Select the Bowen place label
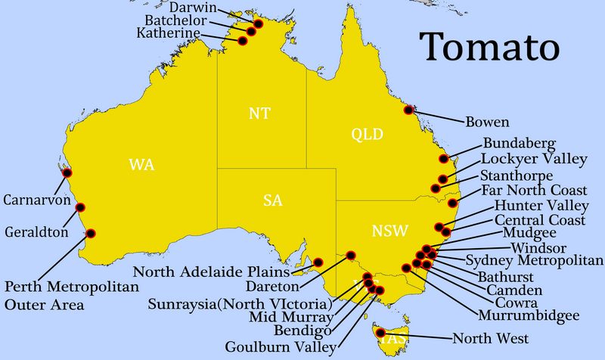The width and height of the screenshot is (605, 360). [487, 121]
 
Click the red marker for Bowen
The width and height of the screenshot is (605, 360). [409, 110]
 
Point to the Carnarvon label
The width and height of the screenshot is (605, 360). [37, 201]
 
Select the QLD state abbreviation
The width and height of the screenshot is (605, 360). [368, 135]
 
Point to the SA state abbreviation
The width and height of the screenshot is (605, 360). [273, 200]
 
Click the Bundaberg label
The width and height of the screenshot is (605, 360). [520, 144]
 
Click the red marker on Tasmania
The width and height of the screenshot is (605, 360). [381, 332]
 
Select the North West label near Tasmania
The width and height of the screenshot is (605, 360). [490, 338]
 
